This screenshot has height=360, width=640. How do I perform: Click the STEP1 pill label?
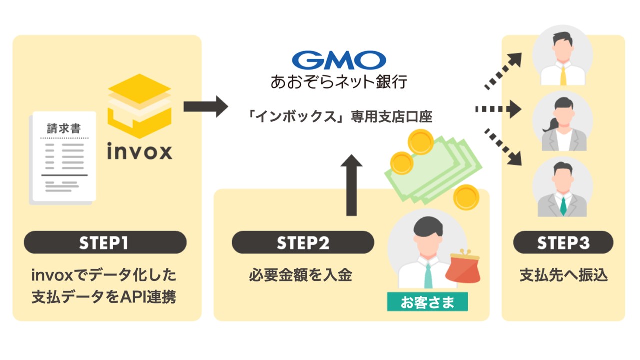click(105, 243)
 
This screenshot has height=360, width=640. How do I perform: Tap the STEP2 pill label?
click(303, 243)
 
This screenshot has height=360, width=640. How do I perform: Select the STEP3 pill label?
click(563, 243)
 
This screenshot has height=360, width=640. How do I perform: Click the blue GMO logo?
click(339, 60)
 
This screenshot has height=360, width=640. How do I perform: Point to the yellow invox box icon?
click(140, 105)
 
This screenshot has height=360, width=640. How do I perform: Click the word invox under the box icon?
click(140, 151)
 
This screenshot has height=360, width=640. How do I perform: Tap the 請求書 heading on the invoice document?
click(64, 128)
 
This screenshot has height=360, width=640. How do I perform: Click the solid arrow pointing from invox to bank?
click(205, 106)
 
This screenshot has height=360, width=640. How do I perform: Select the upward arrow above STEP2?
click(354, 184)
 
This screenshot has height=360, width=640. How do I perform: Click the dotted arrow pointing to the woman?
click(498, 108)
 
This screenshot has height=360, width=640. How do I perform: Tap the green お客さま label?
click(427, 302)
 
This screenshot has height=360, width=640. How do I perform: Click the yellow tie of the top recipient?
click(563, 74)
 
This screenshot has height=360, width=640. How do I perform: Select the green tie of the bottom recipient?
click(563, 205)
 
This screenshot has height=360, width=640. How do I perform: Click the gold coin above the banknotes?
click(419, 141)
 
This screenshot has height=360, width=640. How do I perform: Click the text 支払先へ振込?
click(563, 275)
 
